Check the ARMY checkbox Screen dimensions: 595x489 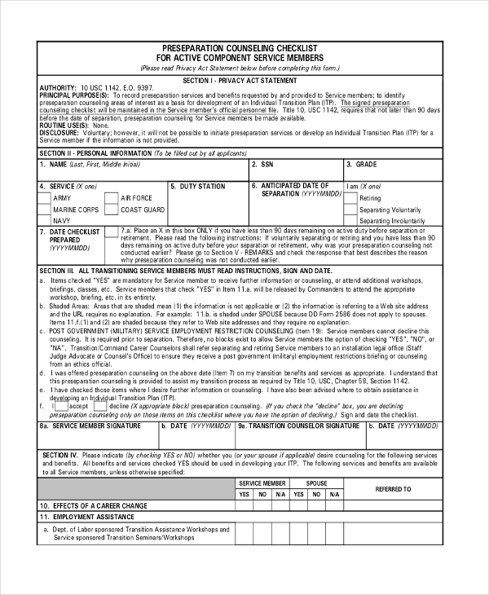[x=46, y=198]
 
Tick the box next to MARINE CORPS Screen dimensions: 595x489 [x=46, y=209]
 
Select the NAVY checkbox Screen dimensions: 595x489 [x=46, y=221]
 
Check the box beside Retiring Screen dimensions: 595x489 [x=351, y=198]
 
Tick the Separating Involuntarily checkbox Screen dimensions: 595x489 [x=351, y=221]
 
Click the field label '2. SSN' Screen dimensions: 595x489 [x=262, y=165]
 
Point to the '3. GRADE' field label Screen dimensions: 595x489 [x=360, y=165]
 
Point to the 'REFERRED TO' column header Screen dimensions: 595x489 [x=393, y=489]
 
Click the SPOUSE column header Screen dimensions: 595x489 [x=316, y=483]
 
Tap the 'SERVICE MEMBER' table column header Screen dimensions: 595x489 [x=262, y=483]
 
